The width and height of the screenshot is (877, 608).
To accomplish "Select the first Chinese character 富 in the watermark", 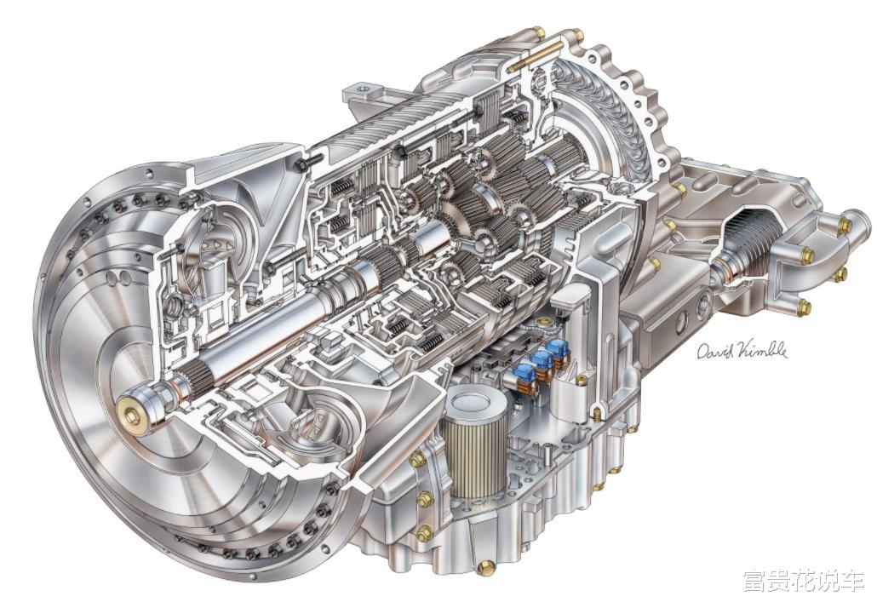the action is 755,582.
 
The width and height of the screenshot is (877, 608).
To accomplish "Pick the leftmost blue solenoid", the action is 524,372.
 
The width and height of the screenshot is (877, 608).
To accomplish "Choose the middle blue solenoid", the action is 542,359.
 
